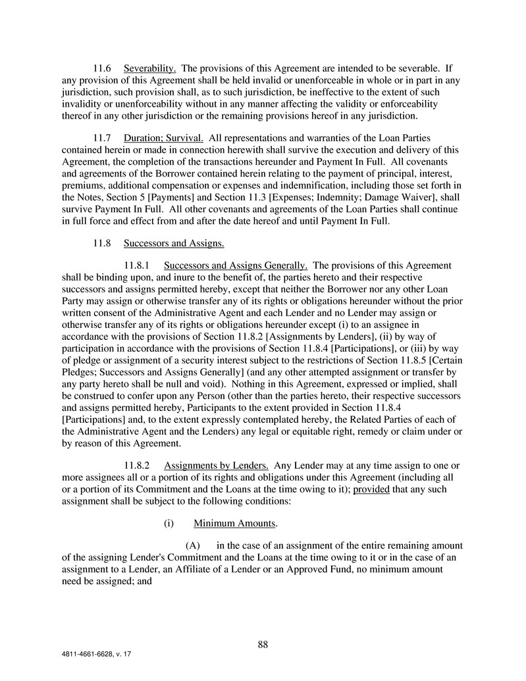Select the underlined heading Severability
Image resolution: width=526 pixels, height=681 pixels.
click(149, 68)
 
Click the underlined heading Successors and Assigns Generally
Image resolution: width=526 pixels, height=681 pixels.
click(236, 265)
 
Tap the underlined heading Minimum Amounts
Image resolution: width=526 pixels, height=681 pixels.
click(235, 524)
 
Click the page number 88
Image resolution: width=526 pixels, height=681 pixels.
click(263, 645)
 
